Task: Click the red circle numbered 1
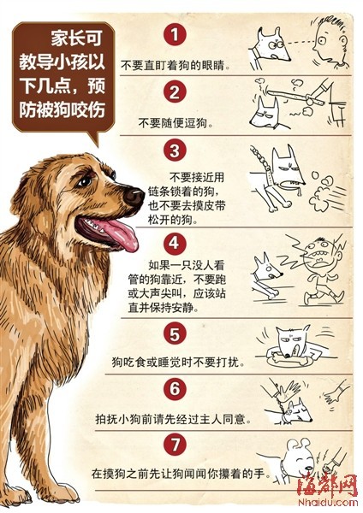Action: click(x=175, y=34)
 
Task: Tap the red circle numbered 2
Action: click(x=175, y=91)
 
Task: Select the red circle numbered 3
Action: click(x=175, y=150)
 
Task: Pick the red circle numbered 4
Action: click(x=174, y=243)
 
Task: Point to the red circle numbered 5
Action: click(x=175, y=333)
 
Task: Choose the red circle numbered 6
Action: click(x=176, y=389)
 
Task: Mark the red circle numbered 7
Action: click(x=176, y=444)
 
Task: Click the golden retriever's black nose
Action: click(x=134, y=197)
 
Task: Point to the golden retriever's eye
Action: click(x=85, y=181)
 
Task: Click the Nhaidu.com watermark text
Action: click(x=327, y=503)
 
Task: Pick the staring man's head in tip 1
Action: click(x=330, y=42)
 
